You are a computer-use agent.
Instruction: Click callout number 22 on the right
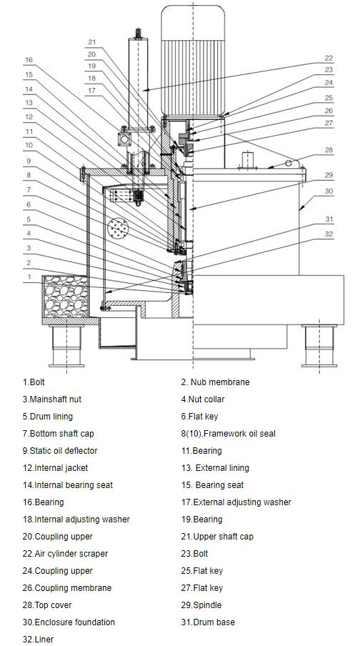coord(329,58)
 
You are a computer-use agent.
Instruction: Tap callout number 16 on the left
coord(29,60)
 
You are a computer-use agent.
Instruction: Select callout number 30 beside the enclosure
coord(329,192)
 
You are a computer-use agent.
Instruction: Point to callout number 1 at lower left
coord(29,277)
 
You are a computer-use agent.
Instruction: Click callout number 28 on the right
coord(329,150)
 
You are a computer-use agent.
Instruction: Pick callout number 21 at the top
coord(92,41)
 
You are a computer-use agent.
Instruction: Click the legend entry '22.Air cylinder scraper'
coord(65,554)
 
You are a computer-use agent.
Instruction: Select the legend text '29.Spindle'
coord(201,605)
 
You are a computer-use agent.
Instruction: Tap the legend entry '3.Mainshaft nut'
coord(52,399)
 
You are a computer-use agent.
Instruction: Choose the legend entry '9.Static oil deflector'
coord(60,451)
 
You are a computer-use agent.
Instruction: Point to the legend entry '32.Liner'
coord(38,640)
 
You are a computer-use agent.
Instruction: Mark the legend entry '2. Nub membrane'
coord(215,382)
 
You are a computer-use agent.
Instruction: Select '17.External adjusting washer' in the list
coord(236,502)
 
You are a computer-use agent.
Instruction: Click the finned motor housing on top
coord(193,61)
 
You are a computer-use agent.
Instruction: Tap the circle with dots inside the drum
coord(119,228)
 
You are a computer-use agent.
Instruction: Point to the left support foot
coord(66,345)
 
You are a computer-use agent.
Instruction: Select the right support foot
coord(319,345)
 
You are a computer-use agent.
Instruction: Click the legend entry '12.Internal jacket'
coord(55,468)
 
